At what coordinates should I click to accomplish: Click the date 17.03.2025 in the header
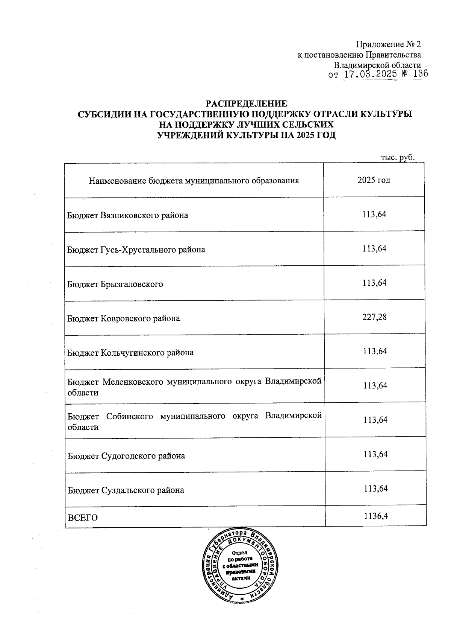pos(370,74)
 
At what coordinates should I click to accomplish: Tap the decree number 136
pos(420,74)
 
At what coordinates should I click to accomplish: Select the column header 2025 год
pos(374,180)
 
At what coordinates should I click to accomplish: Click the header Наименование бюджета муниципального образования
pos(194,181)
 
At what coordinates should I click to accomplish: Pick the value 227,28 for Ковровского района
pos(374,317)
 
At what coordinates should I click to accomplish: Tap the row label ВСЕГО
pos(82,518)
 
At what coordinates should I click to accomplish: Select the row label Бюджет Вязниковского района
pos(127,215)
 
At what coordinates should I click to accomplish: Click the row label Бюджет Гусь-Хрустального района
pos(136,250)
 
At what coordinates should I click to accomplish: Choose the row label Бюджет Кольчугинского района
pos(130,353)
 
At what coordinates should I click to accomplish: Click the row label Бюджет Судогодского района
pos(126,456)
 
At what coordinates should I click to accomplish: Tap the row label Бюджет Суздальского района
pos(126,490)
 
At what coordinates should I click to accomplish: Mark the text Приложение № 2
pos(388,44)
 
